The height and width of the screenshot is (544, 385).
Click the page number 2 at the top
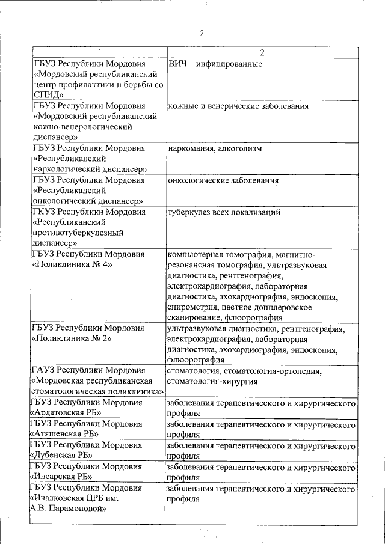point(202,32)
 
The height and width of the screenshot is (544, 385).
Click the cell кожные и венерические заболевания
point(238,106)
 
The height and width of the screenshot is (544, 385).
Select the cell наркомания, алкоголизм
point(215,148)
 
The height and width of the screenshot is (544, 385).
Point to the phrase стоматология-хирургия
point(212,381)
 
